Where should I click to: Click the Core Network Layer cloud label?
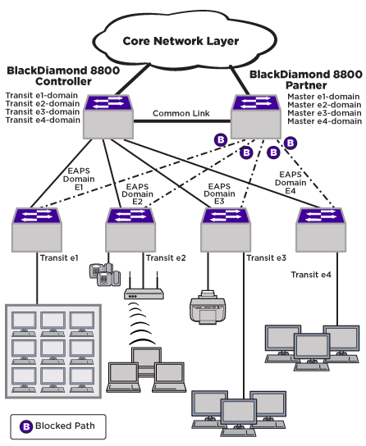pos(181,41)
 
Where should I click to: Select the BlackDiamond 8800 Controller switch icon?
pos(108,117)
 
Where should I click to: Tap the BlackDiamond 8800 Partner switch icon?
pos(256,117)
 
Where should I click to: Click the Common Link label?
pos(181,113)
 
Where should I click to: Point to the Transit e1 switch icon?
pos(37,230)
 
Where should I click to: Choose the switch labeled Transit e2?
pos(130,230)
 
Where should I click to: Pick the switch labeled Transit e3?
pos(226,230)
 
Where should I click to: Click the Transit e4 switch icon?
pos(321,230)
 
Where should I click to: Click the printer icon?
pos(208,307)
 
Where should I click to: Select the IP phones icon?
pos(105,275)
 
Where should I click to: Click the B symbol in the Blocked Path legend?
pos(26,426)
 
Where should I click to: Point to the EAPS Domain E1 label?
pos(79,179)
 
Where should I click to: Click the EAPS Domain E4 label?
pos(291,182)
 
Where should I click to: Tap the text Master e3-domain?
pos(324,113)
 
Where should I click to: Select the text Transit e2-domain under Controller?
pos(43,103)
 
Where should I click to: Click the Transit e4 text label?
pos(311,275)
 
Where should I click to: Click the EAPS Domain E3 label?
pos(219,193)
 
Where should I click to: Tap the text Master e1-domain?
pos(323,97)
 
